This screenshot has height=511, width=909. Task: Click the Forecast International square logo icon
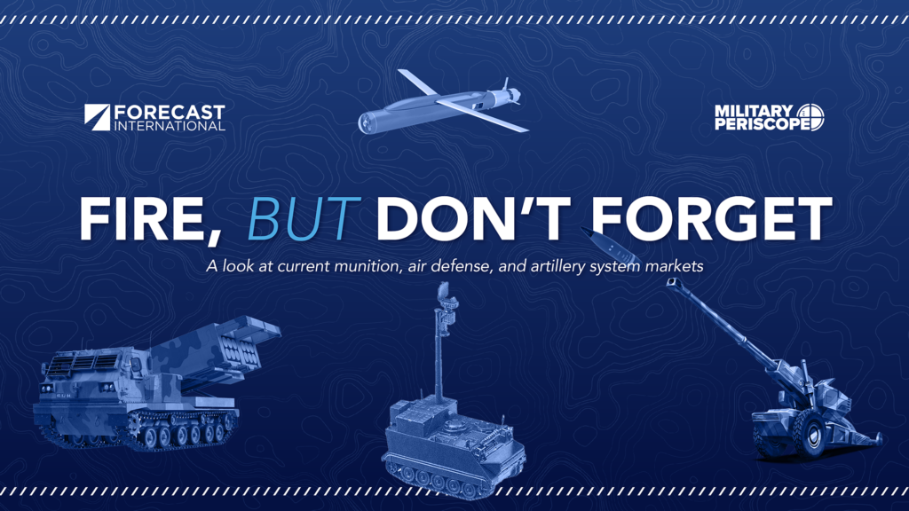point(97,117)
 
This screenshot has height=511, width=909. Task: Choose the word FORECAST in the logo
point(170,112)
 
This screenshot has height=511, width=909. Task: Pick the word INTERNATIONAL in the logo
point(170,126)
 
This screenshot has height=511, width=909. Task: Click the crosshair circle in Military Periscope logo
point(810,117)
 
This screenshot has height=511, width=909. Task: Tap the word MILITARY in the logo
point(753,111)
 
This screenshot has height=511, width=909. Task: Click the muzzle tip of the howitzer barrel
point(672,282)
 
